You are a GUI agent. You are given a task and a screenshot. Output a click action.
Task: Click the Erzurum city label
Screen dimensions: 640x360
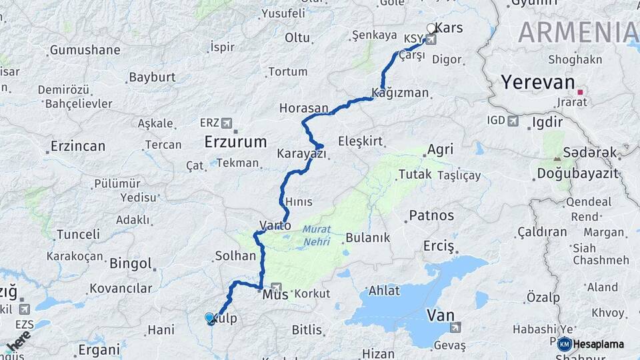click(235, 141)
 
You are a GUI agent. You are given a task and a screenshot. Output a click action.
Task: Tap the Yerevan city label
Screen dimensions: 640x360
click(537, 82)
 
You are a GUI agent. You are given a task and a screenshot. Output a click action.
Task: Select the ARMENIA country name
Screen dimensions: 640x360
click(577, 32)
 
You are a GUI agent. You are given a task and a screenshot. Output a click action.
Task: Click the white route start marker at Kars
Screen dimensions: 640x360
click(431, 29)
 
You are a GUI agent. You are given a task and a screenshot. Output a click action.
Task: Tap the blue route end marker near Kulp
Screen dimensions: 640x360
click(211, 319)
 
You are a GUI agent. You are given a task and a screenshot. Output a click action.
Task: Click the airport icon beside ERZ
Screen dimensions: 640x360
click(227, 123)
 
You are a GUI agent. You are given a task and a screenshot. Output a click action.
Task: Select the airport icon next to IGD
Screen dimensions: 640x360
click(513, 121)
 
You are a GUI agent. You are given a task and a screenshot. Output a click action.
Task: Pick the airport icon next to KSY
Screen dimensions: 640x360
click(431, 39)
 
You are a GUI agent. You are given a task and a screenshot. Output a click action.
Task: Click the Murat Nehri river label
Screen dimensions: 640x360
click(316, 235)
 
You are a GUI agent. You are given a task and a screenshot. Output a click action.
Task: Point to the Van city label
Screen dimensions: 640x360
click(441, 314)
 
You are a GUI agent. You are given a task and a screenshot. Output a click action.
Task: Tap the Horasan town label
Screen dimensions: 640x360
click(303, 108)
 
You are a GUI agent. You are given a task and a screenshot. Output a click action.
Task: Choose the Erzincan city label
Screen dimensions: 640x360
click(78, 146)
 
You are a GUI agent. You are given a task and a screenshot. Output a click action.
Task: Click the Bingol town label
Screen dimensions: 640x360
click(131, 263)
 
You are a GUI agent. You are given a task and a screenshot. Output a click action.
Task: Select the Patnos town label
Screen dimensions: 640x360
click(431, 215)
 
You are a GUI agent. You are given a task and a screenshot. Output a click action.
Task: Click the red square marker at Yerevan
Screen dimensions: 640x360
click(581, 92)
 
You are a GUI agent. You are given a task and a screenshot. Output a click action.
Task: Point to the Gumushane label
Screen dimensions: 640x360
click(85, 50)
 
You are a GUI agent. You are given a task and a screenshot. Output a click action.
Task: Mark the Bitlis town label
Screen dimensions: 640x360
click(307, 329)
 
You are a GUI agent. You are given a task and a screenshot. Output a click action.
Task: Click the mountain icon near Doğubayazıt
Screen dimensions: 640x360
click(557, 158)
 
